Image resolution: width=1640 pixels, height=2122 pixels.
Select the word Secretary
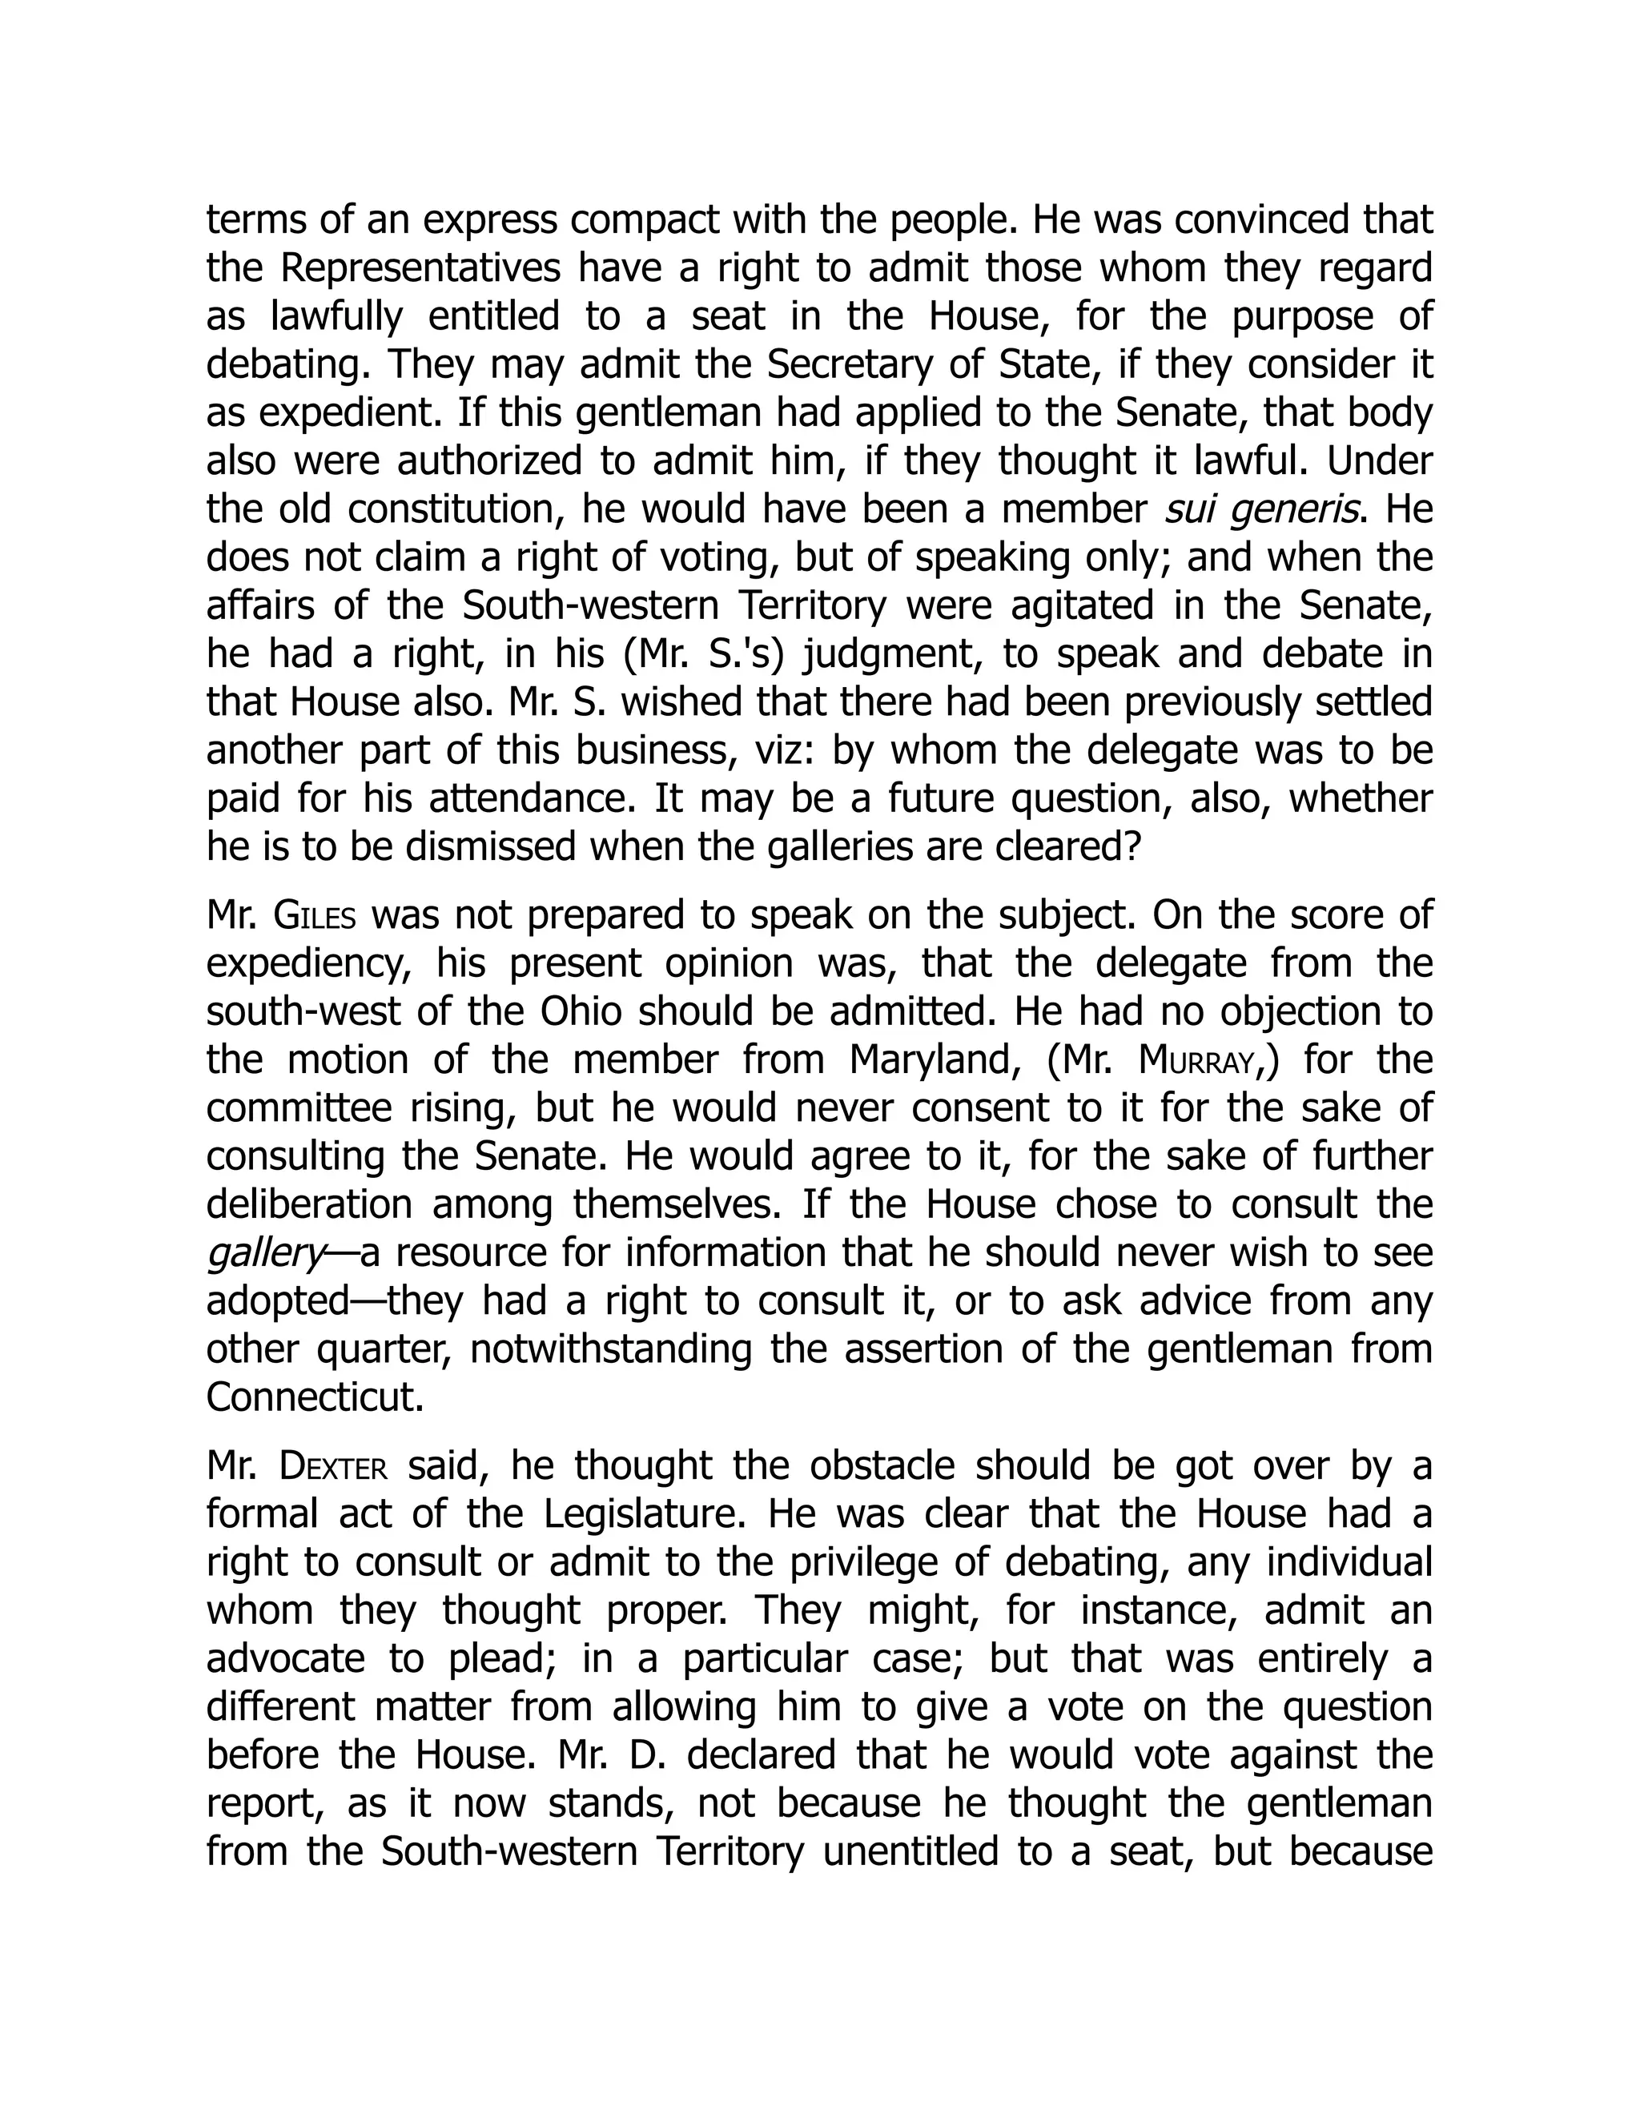[840, 364]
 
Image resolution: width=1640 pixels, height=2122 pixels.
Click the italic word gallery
[264, 1253]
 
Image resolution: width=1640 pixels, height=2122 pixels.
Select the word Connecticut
[316, 1397]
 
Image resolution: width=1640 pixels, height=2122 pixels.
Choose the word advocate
[286, 1659]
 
